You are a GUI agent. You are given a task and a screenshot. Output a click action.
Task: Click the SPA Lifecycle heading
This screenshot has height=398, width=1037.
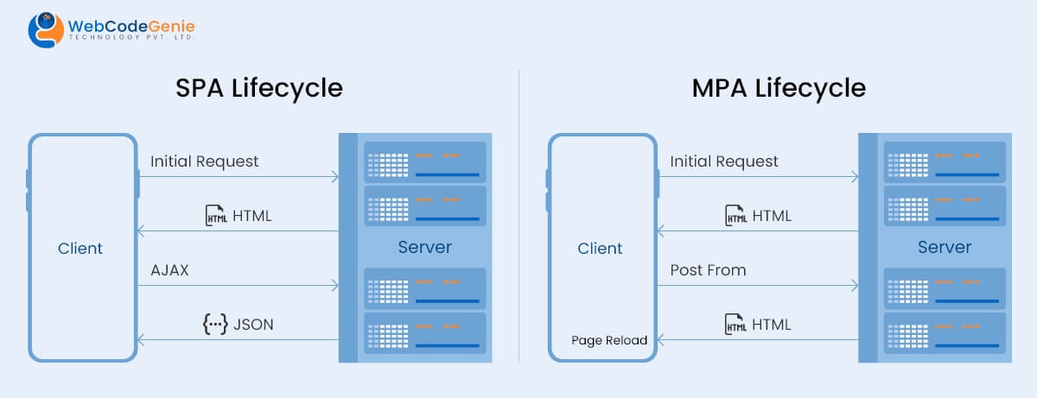coord(259,88)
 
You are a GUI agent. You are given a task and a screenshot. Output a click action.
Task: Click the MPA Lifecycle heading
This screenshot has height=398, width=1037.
coord(779,88)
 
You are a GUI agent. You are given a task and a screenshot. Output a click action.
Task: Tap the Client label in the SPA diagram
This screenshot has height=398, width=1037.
coord(80,249)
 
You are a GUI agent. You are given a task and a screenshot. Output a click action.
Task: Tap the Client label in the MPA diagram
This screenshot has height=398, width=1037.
coord(600,249)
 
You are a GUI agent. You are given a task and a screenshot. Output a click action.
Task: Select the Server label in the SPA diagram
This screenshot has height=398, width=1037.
coord(424,248)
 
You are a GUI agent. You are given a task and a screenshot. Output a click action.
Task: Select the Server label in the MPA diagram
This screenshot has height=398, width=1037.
coord(944,248)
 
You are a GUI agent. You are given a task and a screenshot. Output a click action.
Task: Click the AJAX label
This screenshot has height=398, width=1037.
coord(169,270)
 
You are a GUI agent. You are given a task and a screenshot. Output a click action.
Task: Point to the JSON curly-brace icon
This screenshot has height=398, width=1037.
coord(214,325)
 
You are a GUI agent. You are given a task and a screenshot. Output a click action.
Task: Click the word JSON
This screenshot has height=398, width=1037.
coord(253,325)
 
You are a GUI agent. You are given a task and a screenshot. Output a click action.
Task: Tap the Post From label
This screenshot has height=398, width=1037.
coord(708,270)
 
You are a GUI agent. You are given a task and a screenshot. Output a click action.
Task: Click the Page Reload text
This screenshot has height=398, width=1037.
coord(608,340)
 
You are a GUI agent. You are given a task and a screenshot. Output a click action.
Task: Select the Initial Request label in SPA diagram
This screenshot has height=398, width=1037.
coord(204,161)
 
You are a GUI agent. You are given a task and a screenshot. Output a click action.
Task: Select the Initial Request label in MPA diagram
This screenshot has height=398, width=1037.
coord(724,161)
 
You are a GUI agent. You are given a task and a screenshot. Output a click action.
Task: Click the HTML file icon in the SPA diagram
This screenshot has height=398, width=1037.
coord(216,216)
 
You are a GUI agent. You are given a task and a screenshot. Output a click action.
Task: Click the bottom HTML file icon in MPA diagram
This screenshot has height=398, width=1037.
coord(735,325)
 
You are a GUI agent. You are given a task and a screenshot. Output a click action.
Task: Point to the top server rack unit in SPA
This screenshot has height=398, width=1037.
coord(424,161)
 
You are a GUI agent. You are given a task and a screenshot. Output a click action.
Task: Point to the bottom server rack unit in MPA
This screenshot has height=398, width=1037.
coord(944,332)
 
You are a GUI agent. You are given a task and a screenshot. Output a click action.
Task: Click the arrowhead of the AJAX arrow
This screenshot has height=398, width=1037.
coord(334,286)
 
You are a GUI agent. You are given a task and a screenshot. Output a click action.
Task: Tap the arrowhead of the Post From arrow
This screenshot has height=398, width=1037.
coord(854,286)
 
